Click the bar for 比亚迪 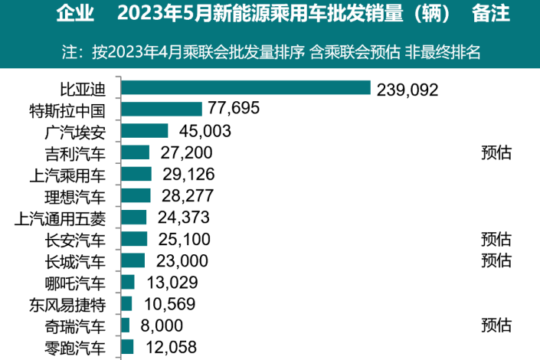[245, 88]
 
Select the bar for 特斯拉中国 [161, 110]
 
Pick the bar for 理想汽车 [136, 195]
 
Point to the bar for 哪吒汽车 [128, 282]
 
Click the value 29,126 [187, 174]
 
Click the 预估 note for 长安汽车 [496, 239]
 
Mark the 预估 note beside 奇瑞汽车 [496, 326]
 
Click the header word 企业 [75, 14]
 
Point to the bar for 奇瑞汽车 [126, 326]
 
